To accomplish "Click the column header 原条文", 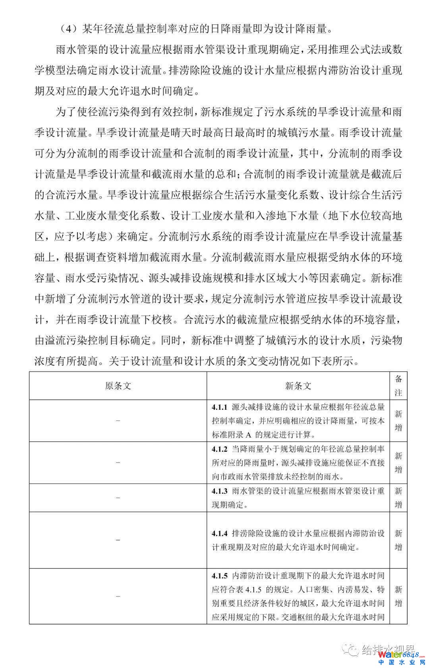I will point(118,386).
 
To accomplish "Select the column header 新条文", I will point(298,386).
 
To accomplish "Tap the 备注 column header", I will point(398,386).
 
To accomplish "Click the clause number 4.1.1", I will point(219,407).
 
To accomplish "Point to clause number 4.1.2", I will point(219,449).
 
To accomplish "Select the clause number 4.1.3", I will point(219,491).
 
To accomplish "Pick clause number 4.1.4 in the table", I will point(219,533).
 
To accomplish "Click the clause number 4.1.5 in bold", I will point(219,576).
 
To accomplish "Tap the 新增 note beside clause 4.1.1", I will point(398,421).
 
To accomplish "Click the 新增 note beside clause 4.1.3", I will point(398,498).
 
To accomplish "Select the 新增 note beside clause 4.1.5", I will point(398,596).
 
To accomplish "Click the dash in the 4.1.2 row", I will point(118,463).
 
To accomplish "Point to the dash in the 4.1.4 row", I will point(118,540).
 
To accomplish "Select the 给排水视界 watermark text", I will point(387,650).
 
